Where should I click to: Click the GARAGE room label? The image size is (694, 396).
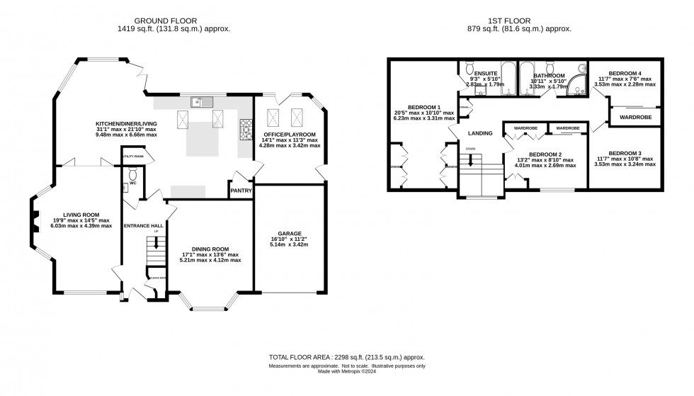click(290, 233)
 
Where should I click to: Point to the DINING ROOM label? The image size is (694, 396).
click(211, 249)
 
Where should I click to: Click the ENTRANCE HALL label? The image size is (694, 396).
click(144, 225)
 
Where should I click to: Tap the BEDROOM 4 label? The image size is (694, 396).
click(626, 73)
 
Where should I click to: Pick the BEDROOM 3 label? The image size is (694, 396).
click(626, 153)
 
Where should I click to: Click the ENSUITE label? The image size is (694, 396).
click(486, 74)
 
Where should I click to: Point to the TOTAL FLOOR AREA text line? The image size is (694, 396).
click(346, 358)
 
